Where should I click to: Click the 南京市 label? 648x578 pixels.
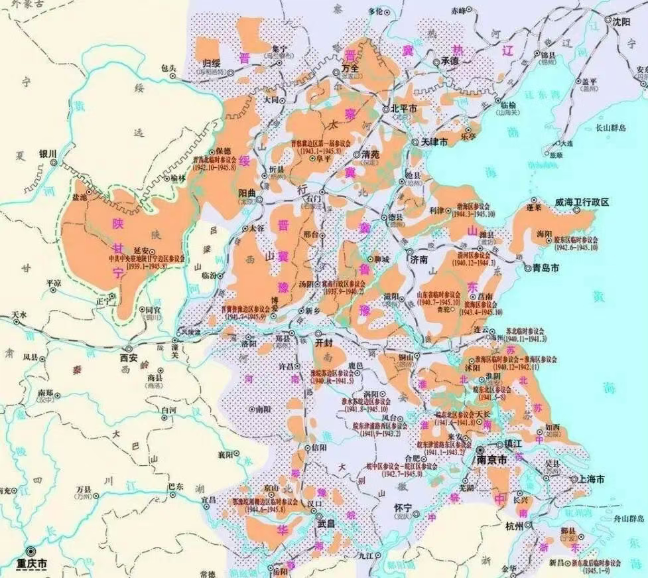point(492,459)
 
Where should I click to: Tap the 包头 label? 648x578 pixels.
point(168,68)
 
